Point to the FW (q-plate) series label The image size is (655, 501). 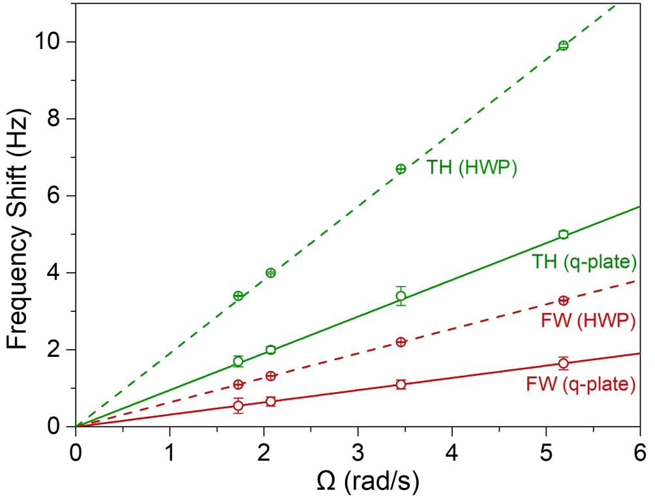pyautogui.click(x=581, y=384)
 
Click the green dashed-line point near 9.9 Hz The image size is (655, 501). pyautogui.click(x=564, y=46)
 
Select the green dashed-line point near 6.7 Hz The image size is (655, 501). pyautogui.click(x=401, y=169)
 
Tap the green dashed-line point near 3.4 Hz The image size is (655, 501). pyautogui.click(x=238, y=296)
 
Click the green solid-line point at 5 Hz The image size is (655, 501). pyautogui.click(x=564, y=234)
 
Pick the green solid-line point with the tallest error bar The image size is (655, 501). pyautogui.click(x=401, y=296)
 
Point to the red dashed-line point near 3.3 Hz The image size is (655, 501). pyautogui.click(x=564, y=301)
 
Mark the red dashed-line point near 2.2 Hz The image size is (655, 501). pyautogui.click(x=401, y=342)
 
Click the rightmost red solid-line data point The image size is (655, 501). pyautogui.click(x=564, y=363)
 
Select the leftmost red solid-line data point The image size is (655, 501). pyautogui.click(x=238, y=405)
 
